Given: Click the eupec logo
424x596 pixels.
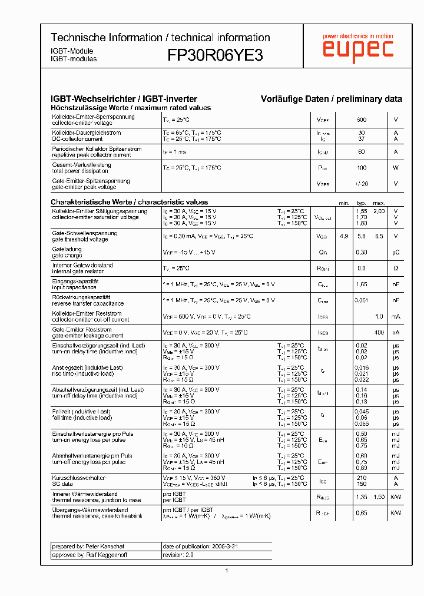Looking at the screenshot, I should pos(357,50).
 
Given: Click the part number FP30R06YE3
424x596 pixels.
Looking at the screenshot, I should pos(215,55).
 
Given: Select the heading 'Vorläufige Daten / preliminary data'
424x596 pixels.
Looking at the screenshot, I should pos(332,99).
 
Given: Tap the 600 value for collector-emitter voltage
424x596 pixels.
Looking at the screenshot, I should pos(361,120).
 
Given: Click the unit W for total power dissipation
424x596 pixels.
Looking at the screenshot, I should pos(395,168).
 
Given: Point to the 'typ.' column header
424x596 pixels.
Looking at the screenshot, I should pos(361,203).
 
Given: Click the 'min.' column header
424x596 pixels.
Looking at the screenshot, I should pos(344,203).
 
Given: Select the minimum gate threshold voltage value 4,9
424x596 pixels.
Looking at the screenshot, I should pos(344,236).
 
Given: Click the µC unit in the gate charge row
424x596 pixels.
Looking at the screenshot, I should pos(395,252).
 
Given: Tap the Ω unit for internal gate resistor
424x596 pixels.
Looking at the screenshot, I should pos(395,268).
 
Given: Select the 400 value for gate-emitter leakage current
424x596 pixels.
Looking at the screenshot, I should pos(379,332).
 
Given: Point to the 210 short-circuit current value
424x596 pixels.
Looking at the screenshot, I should pos(361,478).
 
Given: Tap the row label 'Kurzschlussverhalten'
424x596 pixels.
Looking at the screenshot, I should pos(78,478).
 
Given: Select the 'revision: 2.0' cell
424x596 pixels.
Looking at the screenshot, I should pos(178,555).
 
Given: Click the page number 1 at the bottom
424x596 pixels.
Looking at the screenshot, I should pos(226,570).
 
